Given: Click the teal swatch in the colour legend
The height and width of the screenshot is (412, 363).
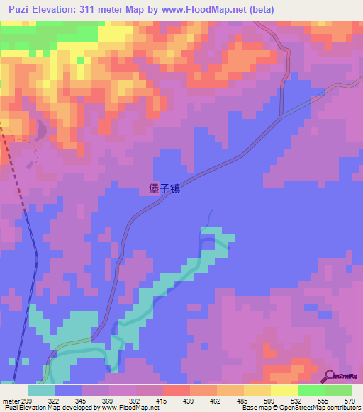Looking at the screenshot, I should pos(42,391).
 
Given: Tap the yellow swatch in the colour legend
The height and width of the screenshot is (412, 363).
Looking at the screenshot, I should pos(284,391).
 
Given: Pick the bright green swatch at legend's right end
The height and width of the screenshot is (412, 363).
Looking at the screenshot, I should pos(337,391).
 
